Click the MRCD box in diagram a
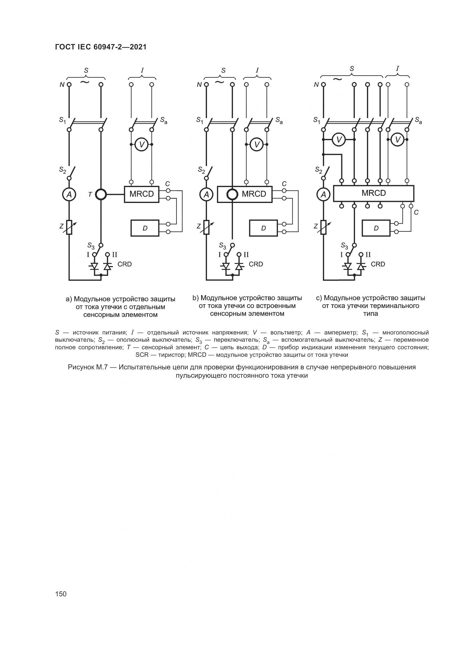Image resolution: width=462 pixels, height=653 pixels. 141,194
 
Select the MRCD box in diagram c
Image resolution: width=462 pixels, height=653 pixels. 373,193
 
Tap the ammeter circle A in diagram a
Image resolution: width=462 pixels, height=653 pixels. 69,195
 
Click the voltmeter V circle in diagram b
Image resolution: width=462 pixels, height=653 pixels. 257,145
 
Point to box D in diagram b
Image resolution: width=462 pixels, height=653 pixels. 263,228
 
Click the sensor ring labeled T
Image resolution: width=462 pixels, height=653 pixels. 101,195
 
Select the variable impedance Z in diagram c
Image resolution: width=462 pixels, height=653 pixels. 323,228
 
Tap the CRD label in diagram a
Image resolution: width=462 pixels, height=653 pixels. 125,264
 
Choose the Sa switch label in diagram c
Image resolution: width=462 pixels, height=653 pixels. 418,121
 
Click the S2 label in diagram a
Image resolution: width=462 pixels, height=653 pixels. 63,170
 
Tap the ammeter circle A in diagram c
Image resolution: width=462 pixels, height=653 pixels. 323,195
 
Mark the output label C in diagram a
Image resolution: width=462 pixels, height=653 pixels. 168,184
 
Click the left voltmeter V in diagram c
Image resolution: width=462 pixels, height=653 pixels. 339,140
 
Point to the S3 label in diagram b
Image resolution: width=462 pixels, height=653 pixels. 222,245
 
